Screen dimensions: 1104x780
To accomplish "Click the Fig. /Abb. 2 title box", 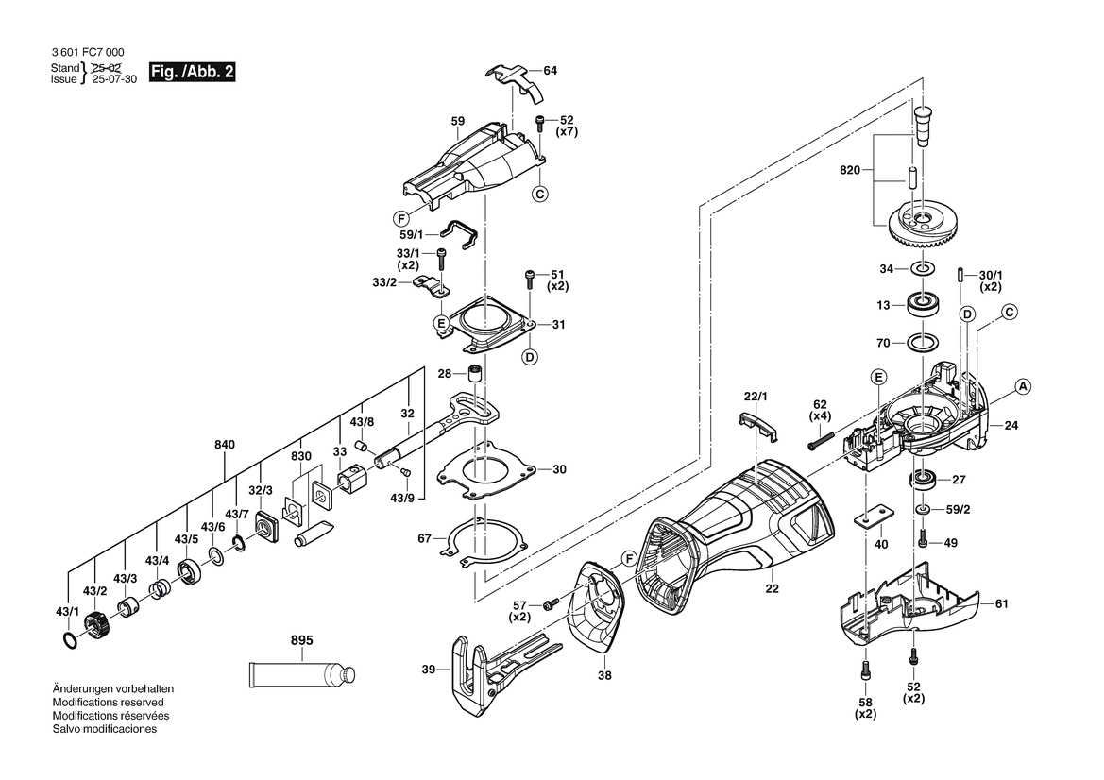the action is [193, 72].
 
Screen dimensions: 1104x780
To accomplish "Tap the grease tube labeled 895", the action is [301, 674].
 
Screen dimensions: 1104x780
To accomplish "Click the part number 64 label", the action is [550, 71].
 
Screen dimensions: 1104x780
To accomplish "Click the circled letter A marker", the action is [1024, 386].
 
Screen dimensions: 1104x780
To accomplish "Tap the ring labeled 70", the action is [922, 343].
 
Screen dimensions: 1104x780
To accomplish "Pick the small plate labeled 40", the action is [873, 516].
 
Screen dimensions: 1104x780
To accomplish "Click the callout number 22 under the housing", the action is [773, 587].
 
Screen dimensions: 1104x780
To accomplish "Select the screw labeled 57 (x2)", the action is [551, 603].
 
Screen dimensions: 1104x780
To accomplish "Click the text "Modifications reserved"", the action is [108, 702].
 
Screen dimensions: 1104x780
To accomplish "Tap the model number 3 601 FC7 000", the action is [88, 52].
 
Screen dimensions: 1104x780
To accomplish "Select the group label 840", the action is [225, 444].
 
